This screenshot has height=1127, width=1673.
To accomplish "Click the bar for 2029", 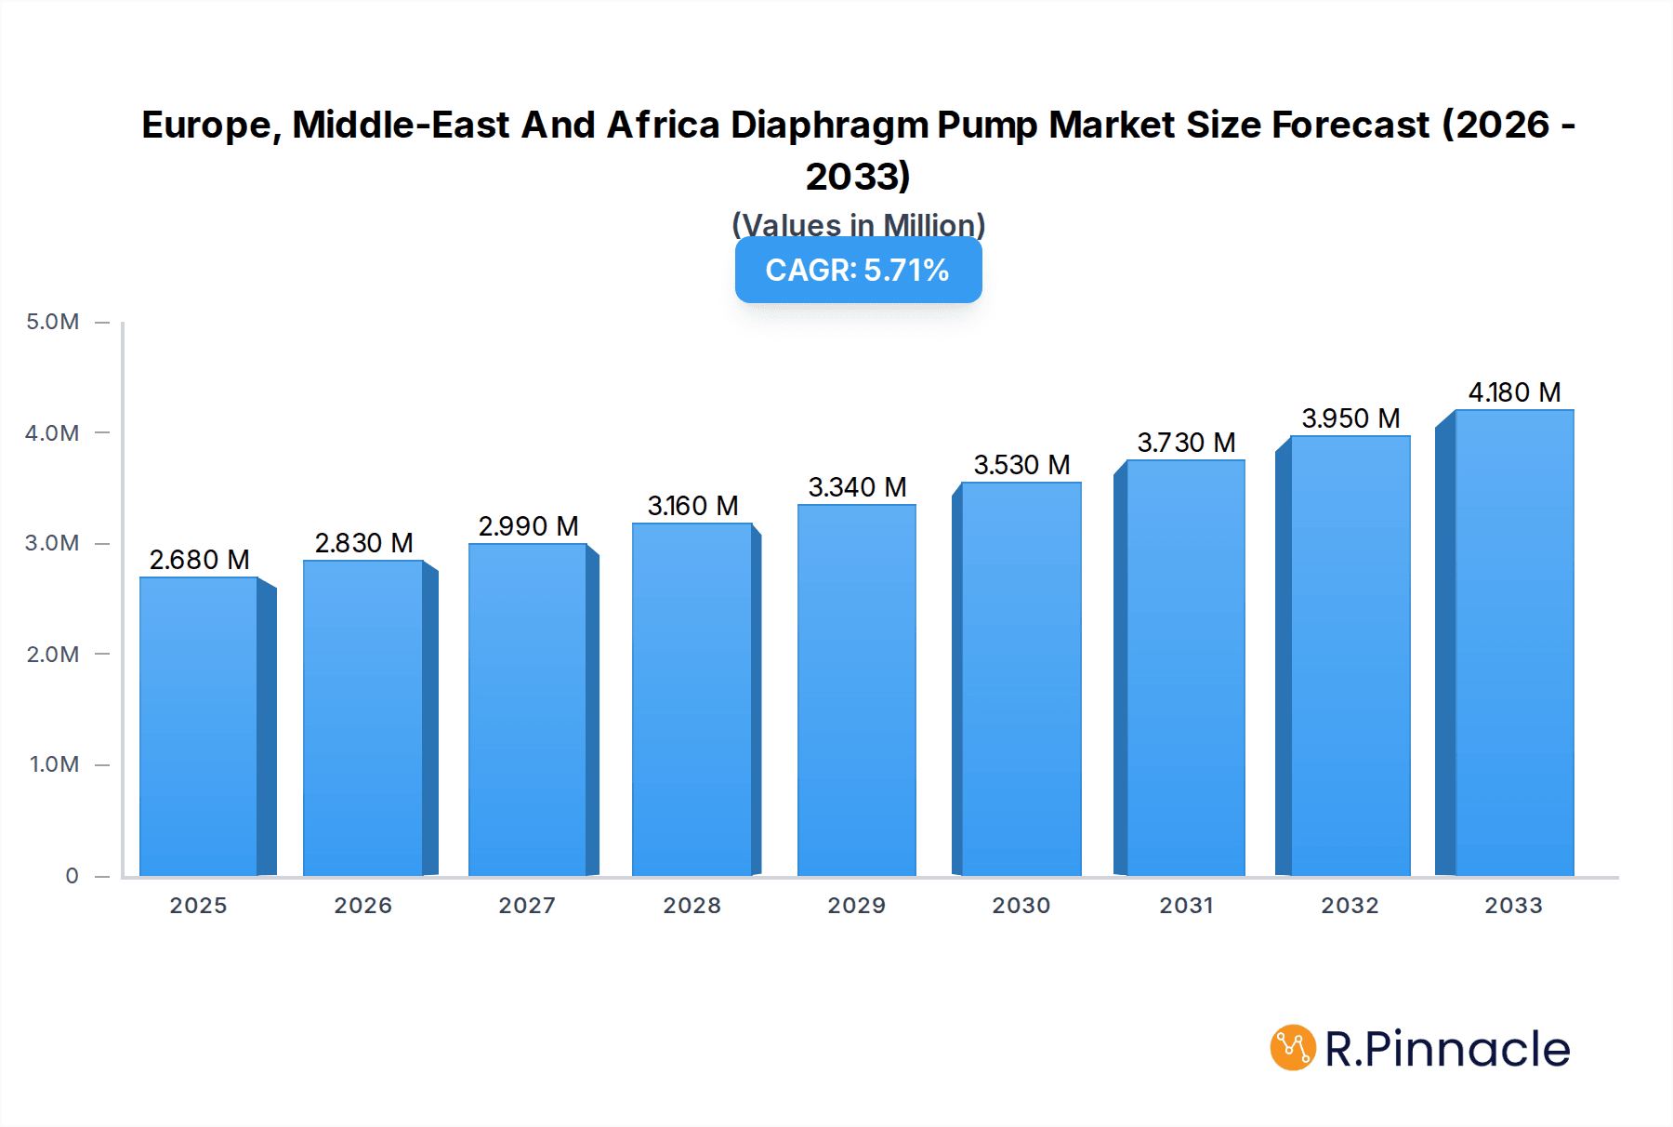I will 857,690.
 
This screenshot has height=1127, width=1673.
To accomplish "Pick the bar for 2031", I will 1185,668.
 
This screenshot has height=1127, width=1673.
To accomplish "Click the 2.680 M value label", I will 199,560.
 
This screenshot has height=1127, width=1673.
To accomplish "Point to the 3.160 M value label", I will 692,506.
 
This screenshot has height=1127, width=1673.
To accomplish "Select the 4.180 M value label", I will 1514,392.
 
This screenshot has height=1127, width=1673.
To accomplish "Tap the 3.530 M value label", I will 1021,465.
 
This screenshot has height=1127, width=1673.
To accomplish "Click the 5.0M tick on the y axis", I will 53,322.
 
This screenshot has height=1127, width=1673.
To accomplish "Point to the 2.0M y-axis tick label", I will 53,655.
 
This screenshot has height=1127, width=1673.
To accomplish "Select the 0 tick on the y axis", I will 72,876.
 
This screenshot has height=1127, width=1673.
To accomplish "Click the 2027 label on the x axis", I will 527,906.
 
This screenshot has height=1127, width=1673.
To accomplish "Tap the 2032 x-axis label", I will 1350,906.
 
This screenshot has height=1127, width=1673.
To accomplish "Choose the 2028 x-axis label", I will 692,906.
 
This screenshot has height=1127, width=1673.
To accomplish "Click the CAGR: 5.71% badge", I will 858,270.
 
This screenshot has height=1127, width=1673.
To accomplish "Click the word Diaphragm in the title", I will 829,125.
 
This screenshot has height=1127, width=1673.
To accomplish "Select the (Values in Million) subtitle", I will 858,224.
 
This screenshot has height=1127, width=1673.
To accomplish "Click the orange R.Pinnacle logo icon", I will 1292,1048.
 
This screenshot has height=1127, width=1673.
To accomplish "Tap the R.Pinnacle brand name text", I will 1447,1049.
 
